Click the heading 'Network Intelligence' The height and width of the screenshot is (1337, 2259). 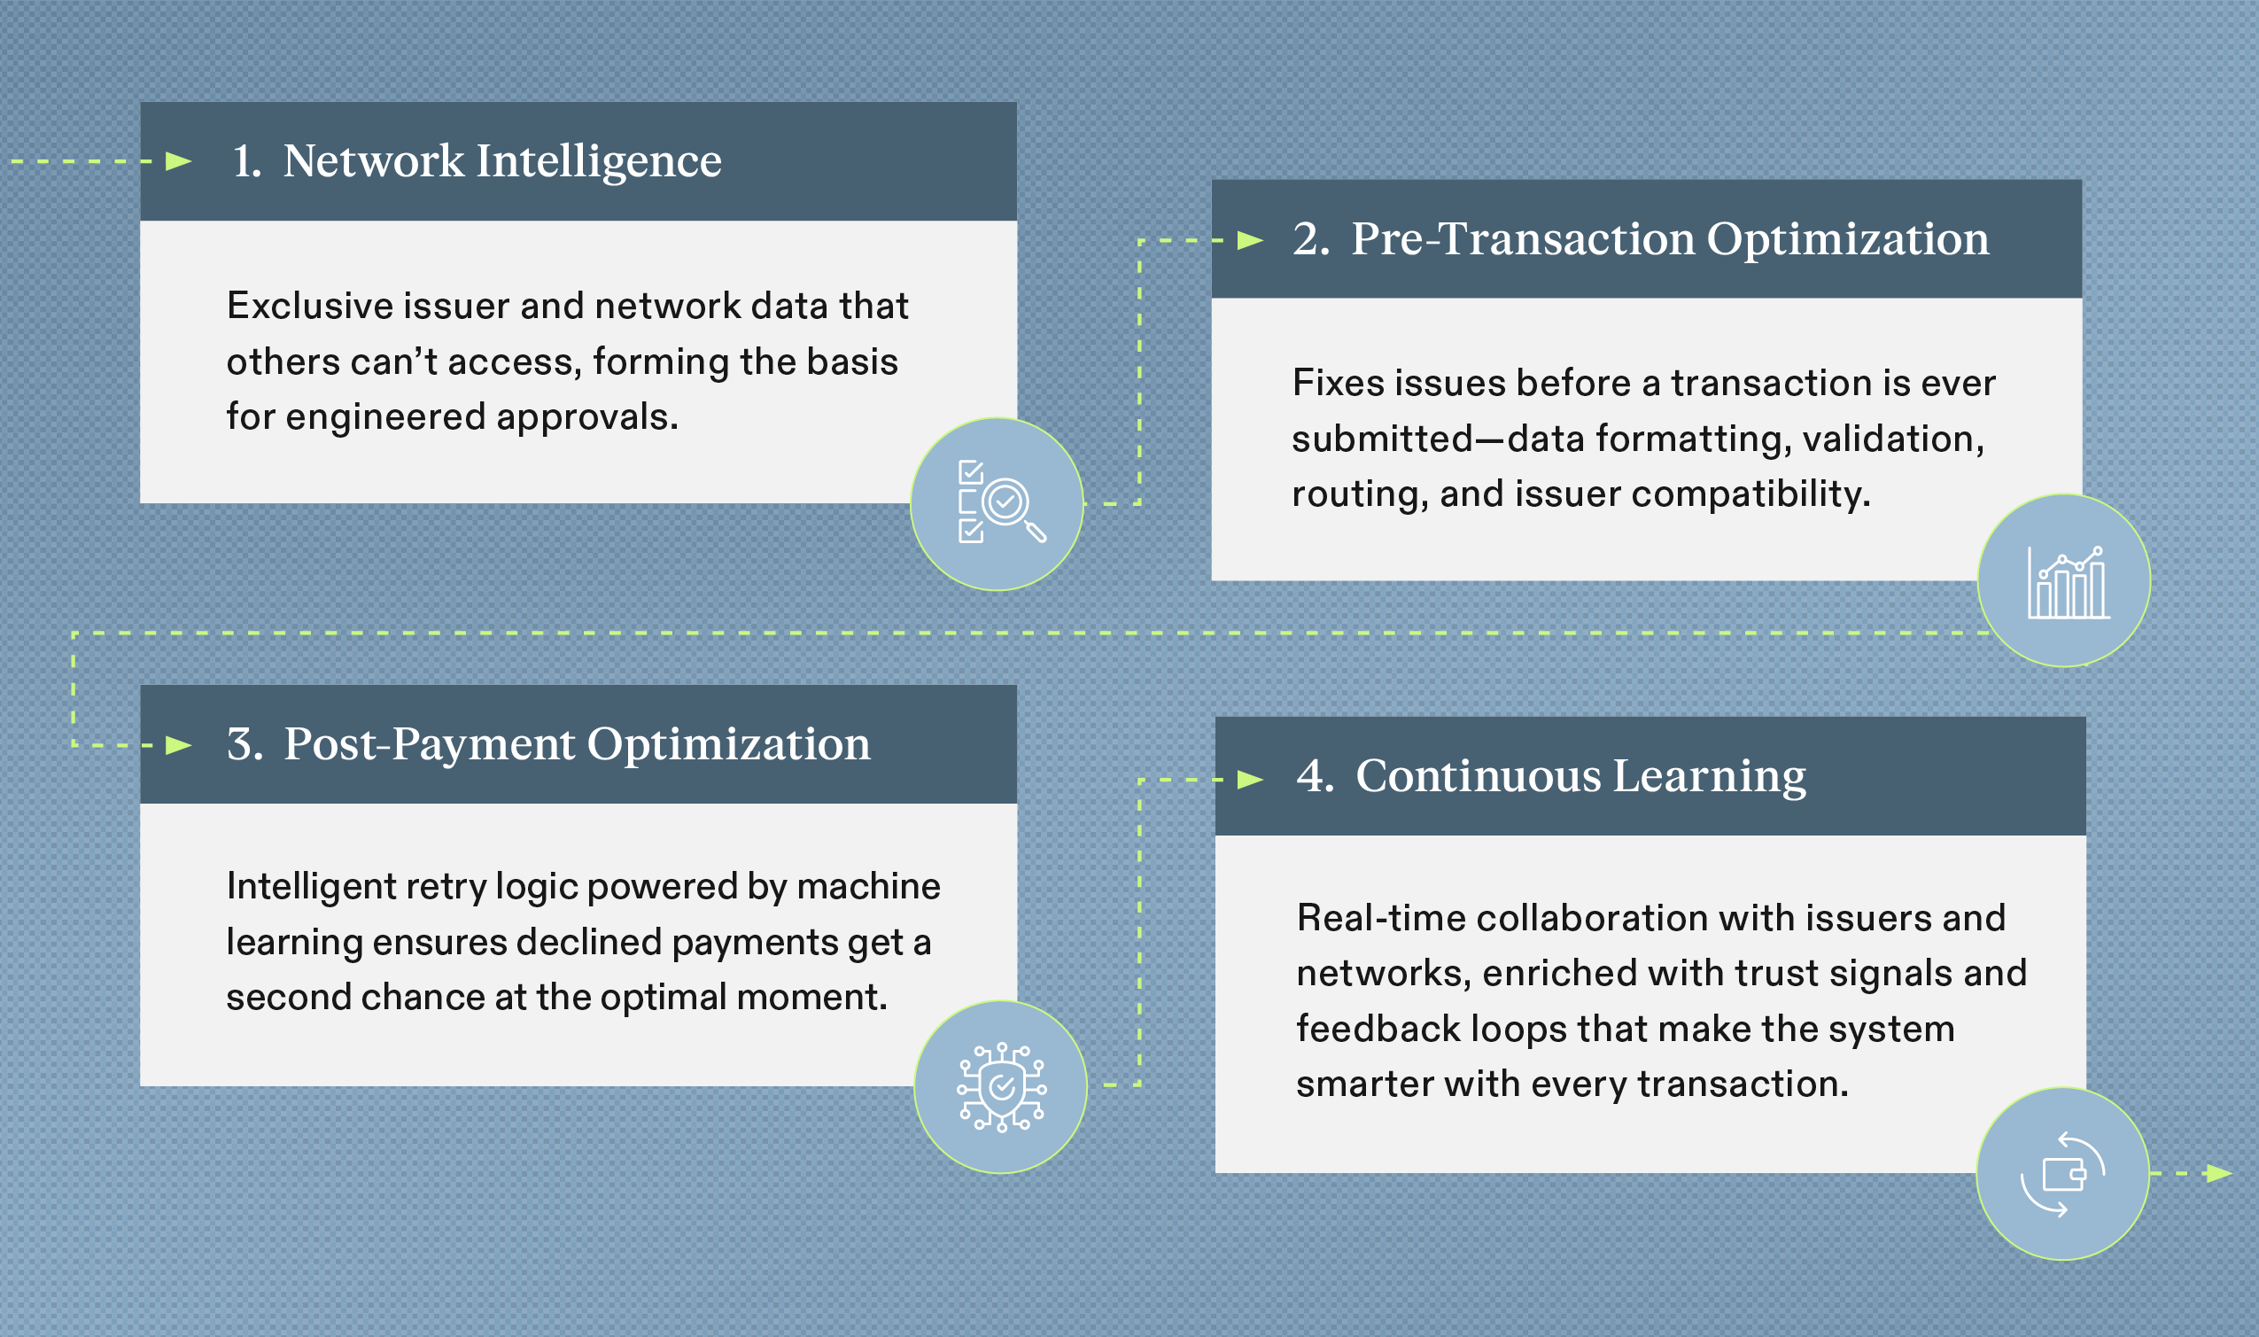(x=501, y=161)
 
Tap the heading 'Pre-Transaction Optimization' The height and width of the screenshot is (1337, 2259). (x=1669, y=238)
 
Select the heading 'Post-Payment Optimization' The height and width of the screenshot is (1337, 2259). (x=577, y=744)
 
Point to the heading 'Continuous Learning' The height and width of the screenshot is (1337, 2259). (x=1580, y=776)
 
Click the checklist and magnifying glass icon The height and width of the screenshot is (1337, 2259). (x=998, y=503)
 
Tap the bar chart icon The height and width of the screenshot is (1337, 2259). (x=2063, y=581)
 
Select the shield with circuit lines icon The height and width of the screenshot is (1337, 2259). (x=1001, y=1086)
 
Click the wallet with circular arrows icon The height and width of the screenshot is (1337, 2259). (x=2062, y=1173)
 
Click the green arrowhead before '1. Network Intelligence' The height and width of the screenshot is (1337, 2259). (x=179, y=161)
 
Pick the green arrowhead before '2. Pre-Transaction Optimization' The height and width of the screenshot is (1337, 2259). (x=1250, y=239)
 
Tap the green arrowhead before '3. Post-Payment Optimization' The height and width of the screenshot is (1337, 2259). (x=179, y=745)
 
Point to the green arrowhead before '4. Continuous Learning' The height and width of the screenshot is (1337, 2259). (x=1250, y=780)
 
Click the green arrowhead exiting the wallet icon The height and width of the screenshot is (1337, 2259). (x=2218, y=1173)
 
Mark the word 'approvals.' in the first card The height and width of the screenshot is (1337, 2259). (x=586, y=418)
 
